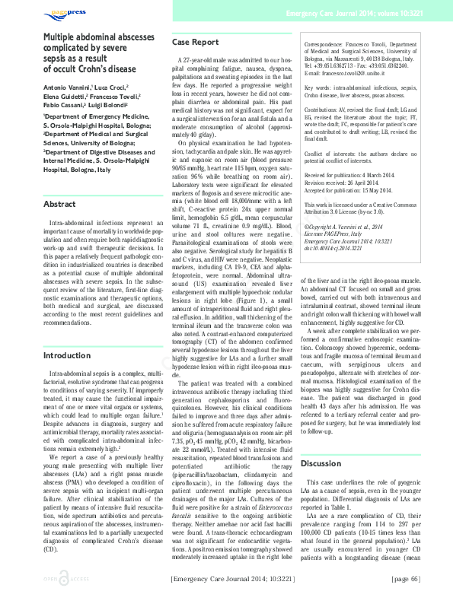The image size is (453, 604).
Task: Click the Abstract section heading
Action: (59, 205)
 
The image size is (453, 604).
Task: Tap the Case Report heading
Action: (196, 42)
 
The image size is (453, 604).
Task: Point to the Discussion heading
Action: (321, 463)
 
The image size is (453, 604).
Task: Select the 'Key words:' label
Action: (319, 89)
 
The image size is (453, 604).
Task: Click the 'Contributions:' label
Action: (324, 110)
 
